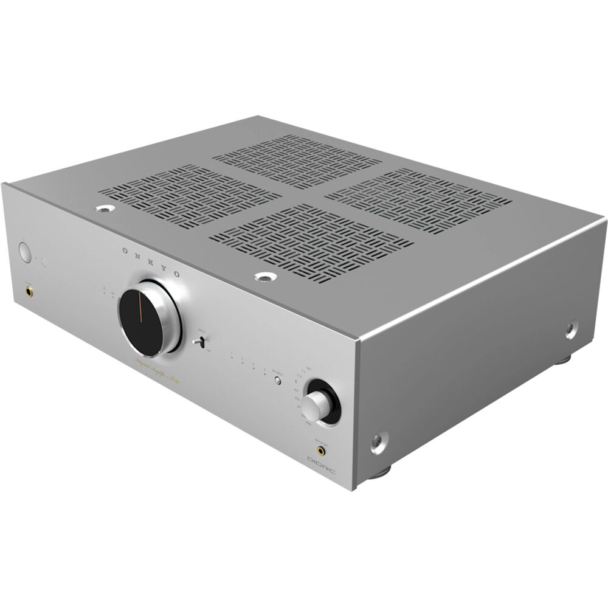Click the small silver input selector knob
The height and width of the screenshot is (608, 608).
(x=313, y=406)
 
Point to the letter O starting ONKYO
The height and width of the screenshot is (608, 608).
(x=125, y=249)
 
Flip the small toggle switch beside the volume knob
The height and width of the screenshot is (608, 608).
(x=197, y=342)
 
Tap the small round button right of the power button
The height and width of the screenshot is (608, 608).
(x=43, y=262)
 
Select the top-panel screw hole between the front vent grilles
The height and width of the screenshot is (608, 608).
(x=265, y=277)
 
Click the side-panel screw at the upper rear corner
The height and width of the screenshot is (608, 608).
(x=572, y=330)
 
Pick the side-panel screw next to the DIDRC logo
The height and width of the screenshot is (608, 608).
(x=378, y=442)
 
